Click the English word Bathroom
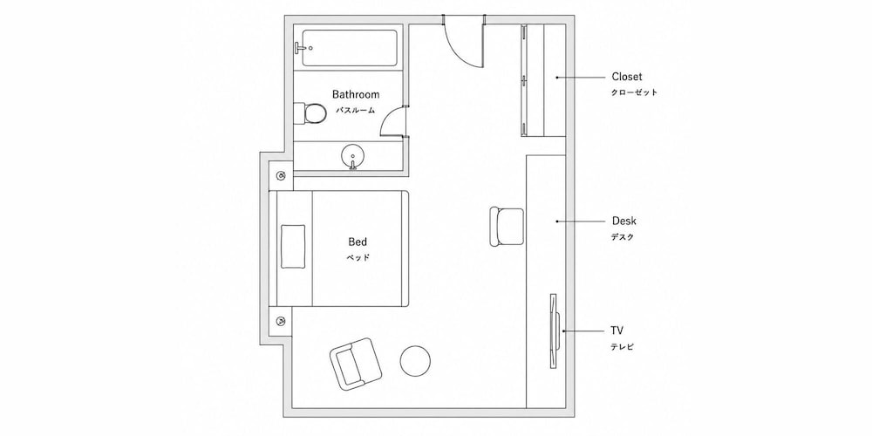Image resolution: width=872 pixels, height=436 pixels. pos(356,94)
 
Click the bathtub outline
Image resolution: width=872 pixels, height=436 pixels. pos(350,48)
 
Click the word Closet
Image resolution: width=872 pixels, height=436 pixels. pos(627,77)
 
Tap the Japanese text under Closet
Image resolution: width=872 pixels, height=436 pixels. pos(634,92)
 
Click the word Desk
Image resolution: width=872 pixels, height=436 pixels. pos(624,221)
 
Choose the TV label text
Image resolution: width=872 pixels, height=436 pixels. pos(617,330)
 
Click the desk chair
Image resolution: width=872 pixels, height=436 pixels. pos(507,227)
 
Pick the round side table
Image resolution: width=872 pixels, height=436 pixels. pos(415,360)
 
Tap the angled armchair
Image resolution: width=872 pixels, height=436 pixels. pos(357,363)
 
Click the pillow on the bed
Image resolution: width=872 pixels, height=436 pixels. pos(293,246)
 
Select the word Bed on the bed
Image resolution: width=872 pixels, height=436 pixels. pos(358,242)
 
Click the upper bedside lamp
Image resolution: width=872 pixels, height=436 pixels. pos(282,176)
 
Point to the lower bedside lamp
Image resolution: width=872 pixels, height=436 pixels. pos(282,321)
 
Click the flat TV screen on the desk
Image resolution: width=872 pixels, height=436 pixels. pos(555,330)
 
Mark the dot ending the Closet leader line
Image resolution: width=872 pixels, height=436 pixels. pos(556,78)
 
